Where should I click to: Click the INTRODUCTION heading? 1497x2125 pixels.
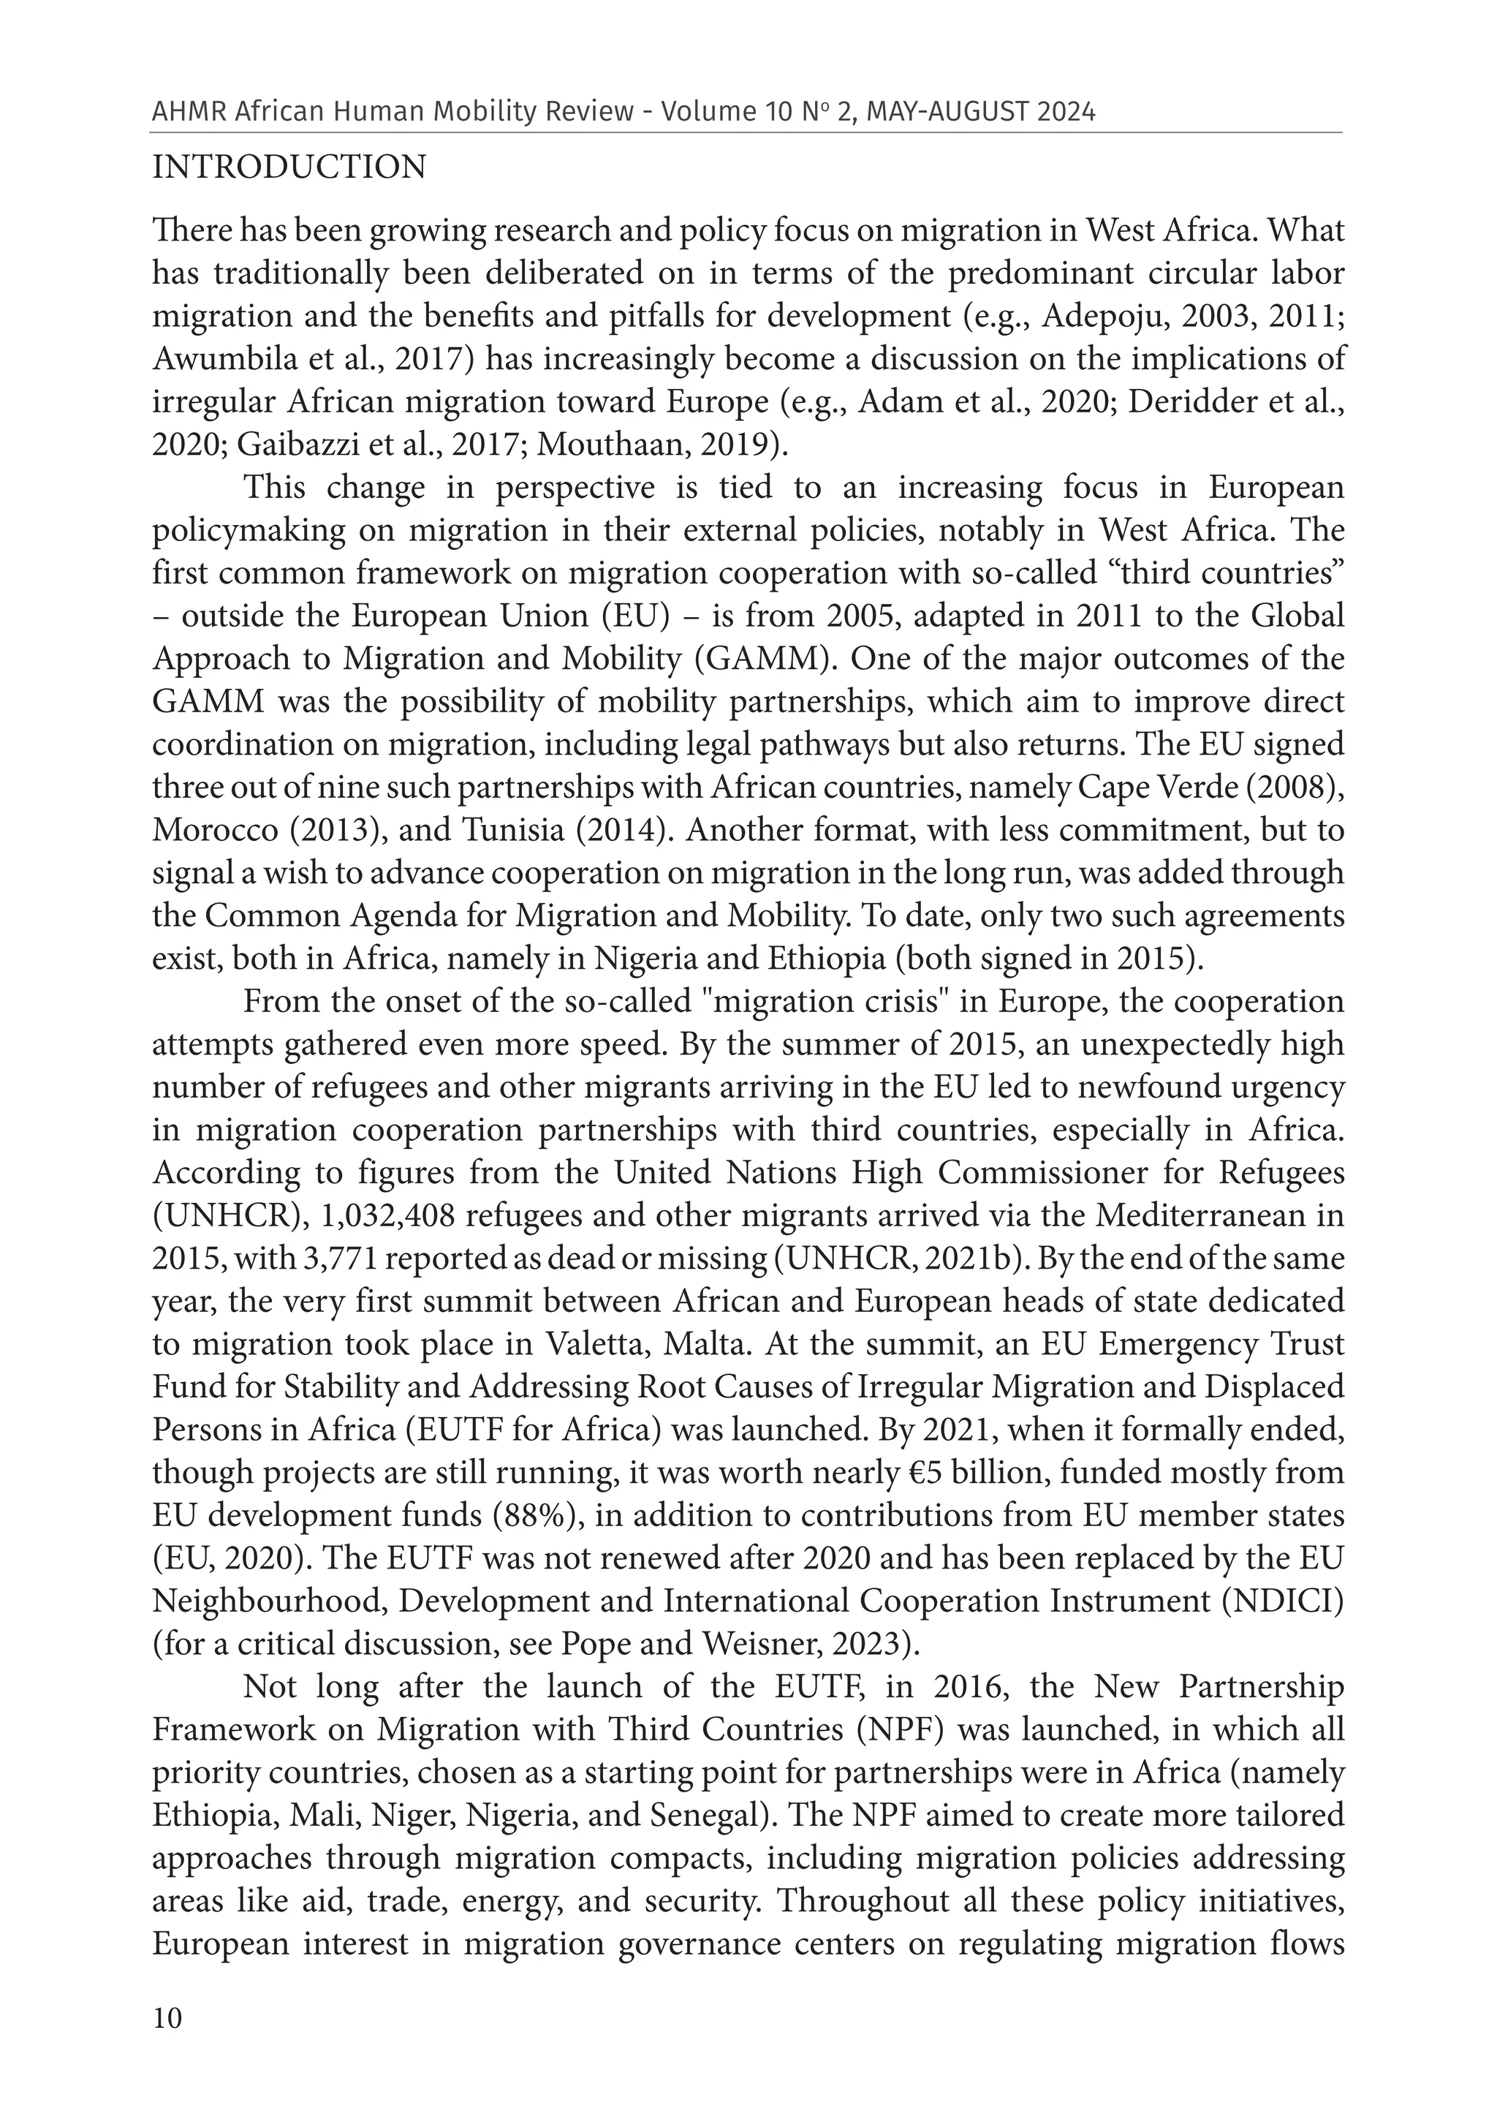(x=289, y=167)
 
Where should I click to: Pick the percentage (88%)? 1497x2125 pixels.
(x=532, y=1515)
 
